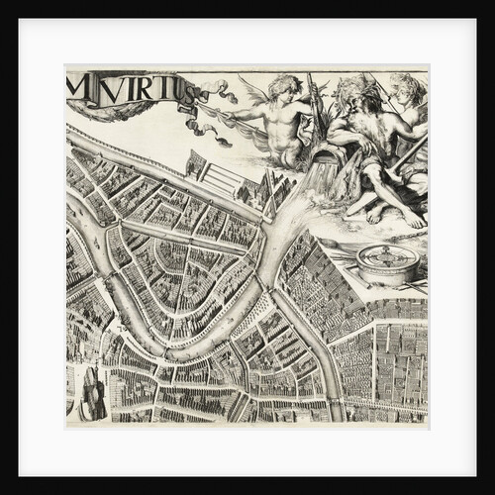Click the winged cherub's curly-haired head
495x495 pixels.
282,87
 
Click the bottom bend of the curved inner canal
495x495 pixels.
178,351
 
